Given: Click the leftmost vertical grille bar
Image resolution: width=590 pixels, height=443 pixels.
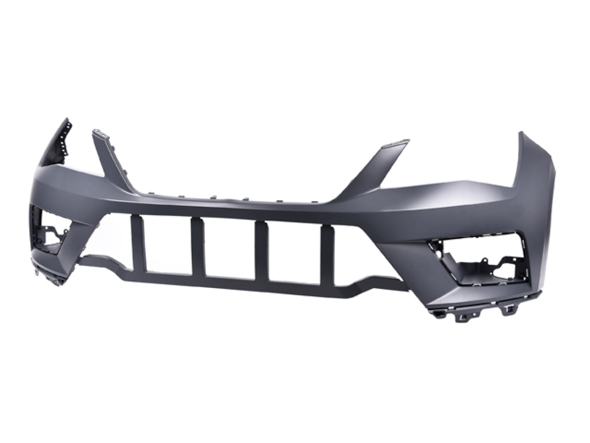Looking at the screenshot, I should click(x=138, y=243).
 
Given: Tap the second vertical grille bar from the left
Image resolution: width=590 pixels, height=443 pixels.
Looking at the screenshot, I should click(x=198, y=247).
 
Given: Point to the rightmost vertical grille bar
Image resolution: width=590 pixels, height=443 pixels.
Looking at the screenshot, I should click(x=328, y=254).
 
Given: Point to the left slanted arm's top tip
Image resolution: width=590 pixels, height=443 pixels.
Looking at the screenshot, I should click(x=100, y=134).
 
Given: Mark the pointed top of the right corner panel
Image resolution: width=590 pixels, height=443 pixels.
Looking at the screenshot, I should click(x=521, y=136).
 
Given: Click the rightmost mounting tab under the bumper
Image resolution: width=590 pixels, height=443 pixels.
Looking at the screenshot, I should click(x=510, y=310).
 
